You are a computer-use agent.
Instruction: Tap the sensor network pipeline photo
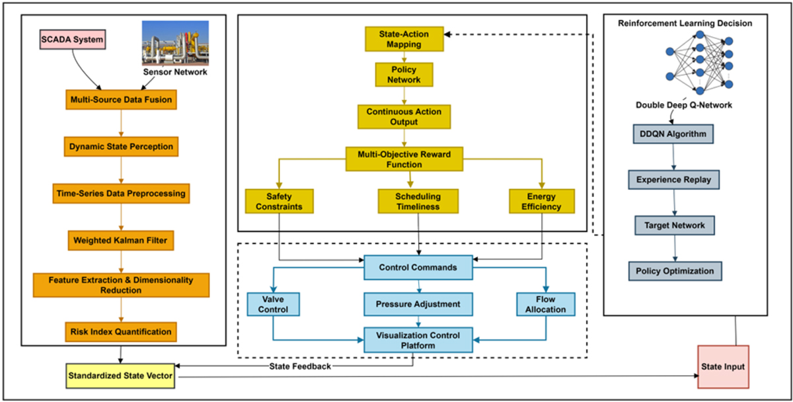coord(174,42)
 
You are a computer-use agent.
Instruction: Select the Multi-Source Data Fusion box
coord(120,100)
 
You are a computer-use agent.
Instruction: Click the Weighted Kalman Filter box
coord(120,240)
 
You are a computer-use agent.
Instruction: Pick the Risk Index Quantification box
coord(120,332)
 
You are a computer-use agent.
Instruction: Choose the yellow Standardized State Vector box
coord(120,376)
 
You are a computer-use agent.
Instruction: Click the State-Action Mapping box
coord(404,38)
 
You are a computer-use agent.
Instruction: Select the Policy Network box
coord(404,75)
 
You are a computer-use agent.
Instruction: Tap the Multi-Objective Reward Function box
coord(404,158)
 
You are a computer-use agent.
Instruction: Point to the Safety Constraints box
coord(279,202)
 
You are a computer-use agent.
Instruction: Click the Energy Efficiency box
coord(542,202)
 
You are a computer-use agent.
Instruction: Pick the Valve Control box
coord(274,304)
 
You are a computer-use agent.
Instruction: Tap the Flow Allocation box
coord(546,304)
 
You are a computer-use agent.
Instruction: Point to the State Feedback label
coord(300,366)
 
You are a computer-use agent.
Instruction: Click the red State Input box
coord(723,367)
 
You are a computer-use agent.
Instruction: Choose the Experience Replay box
coord(674,180)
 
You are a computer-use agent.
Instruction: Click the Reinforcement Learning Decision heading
coord(685,23)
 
